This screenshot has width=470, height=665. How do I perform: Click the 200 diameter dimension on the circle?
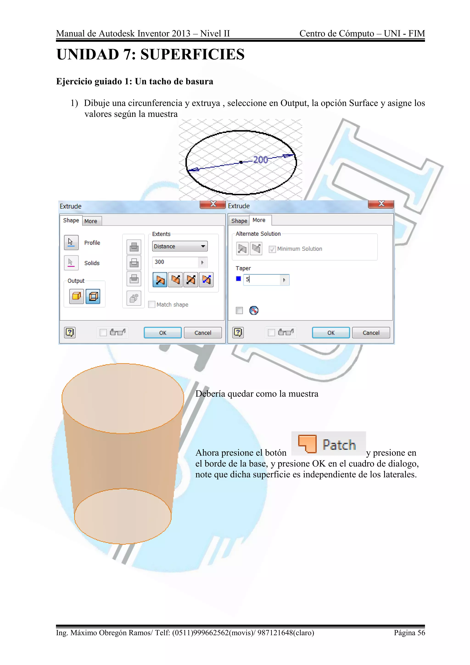tap(260, 160)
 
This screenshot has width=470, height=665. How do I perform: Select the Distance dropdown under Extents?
tap(180, 246)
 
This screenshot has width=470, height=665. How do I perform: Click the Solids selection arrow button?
tap(71, 263)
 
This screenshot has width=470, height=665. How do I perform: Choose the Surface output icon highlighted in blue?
tap(93, 296)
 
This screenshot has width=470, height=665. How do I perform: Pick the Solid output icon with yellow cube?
tap(76, 296)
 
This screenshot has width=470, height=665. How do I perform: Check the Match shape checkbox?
tap(152, 304)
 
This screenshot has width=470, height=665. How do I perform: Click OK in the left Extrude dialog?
tap(163, 333)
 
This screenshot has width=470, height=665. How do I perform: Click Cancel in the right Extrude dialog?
tap(371, 333)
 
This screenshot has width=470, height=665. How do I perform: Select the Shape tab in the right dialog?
tap(239, 221)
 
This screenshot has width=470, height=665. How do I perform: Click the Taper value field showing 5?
tap(262, 280)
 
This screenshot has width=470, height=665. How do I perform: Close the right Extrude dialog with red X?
tap(381, 204)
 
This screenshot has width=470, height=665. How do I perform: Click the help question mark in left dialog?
tap(70, 332)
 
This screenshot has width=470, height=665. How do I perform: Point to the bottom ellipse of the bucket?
tap(123, 516)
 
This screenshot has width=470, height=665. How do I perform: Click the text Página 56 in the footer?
tap(409, 633)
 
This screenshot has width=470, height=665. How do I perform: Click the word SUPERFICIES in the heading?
tap(193, 54)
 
